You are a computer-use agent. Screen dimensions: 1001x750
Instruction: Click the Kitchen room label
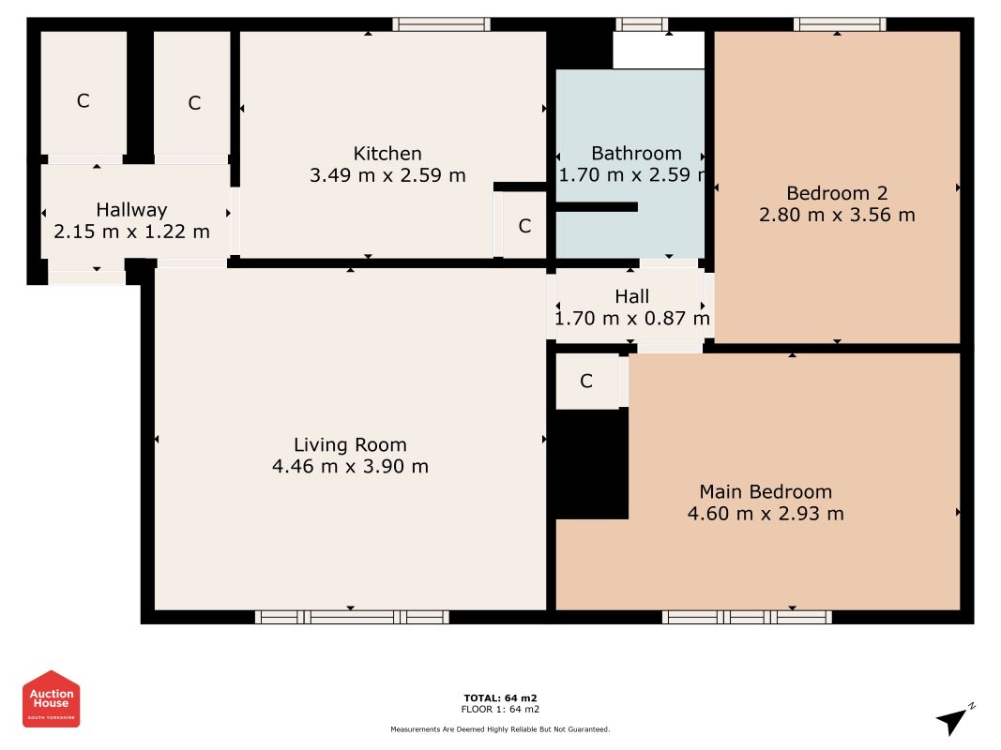[x=387, y=154]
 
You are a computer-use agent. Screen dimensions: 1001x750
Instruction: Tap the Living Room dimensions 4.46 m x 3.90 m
[x=350, y=466]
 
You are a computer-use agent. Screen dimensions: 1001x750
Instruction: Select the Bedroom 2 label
[x=837, y=193]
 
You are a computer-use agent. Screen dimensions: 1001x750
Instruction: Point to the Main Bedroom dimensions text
[x=766, y=514]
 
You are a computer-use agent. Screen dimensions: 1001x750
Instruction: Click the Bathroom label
[x=636, y=154]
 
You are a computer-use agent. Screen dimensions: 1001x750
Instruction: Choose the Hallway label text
[x=131, y=210]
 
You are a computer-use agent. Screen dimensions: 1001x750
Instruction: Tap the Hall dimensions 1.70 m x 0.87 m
[x=632, y=318]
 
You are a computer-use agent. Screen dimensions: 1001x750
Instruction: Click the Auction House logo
[x=51, y=699]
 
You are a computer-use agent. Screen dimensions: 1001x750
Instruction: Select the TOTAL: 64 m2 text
[x=501, y=698]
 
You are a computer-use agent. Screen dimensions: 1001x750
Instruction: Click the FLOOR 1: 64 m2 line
[x=501, y=709]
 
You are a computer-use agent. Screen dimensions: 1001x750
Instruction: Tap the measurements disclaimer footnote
[x=501, y=729]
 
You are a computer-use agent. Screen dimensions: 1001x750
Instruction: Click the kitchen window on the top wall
[x=442, y=25]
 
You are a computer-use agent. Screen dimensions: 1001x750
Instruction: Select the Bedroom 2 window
[x=841, y=25]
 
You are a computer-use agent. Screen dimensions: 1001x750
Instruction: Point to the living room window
[x=352, y=617]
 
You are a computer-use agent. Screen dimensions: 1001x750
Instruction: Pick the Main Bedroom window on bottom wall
[x=747, y=617]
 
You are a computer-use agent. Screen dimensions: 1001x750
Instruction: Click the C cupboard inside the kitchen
[x=524, y=226]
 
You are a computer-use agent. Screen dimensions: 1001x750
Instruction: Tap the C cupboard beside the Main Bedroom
[x=586, y=382]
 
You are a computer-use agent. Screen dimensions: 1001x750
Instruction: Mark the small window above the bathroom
[x=643, y=25]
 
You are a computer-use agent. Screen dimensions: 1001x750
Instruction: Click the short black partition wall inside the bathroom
[x=597, y=207]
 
